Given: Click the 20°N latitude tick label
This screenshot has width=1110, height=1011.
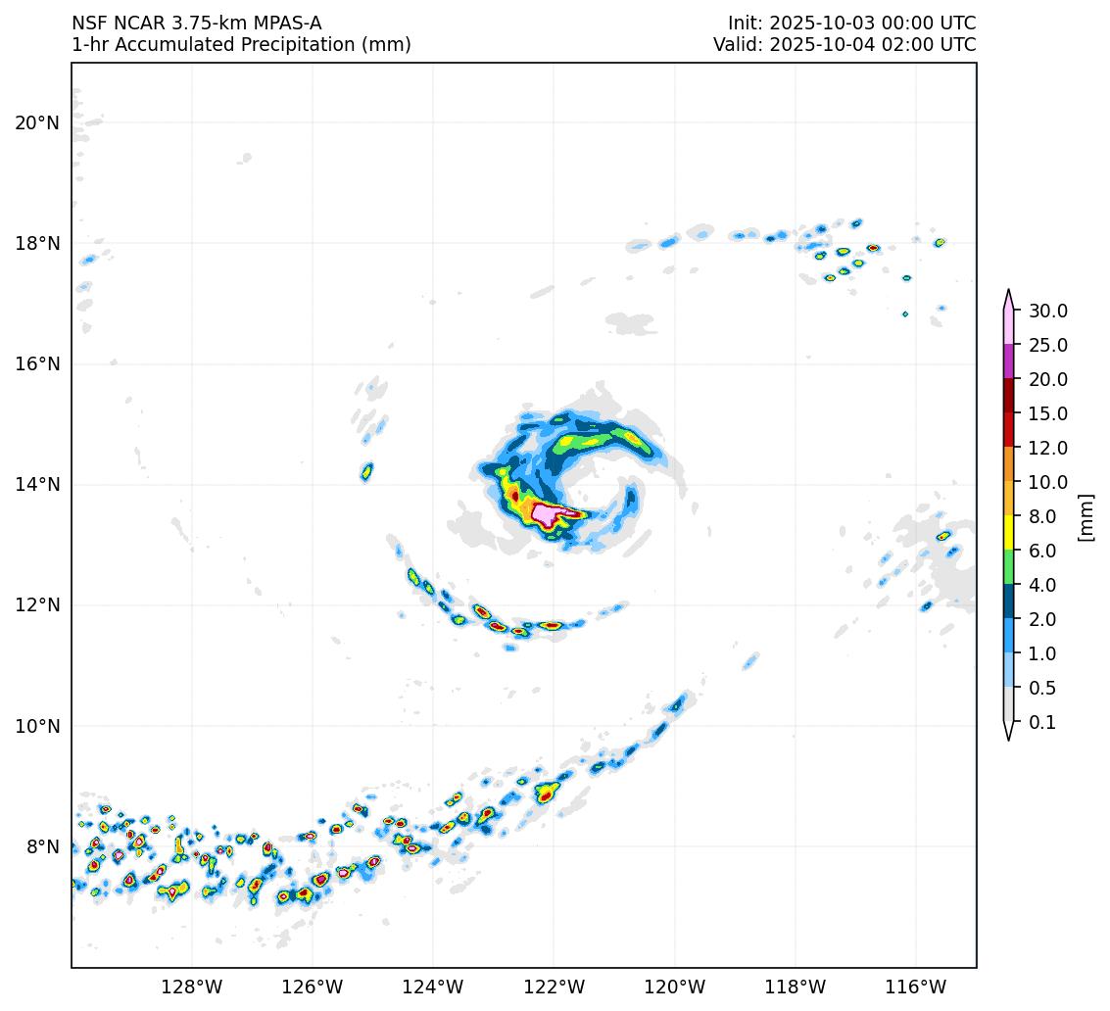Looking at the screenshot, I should [x=37, y=122].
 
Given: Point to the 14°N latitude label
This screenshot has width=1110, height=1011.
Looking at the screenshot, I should [x=37, y=485].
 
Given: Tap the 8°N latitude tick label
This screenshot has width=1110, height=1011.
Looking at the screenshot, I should [x=41, y=846].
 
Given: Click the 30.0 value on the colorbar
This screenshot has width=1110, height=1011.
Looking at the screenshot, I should [x=1047, y=312].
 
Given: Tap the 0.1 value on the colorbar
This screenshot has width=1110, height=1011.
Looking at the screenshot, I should [x=1042, y=723].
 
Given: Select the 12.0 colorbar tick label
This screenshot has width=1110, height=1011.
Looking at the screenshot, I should [x=1047, y=449].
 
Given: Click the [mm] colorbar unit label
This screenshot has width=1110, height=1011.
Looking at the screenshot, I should [x=1086, y=517].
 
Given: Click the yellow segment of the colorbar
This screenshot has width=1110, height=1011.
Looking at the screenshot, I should [x=1008, y=533].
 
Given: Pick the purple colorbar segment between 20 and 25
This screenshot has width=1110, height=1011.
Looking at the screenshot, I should [x=1008, y=361].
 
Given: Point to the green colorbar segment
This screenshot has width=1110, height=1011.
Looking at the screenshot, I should [x=1008, y=567].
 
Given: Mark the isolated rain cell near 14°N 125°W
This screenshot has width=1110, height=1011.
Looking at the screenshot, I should [x=366, y=471].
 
